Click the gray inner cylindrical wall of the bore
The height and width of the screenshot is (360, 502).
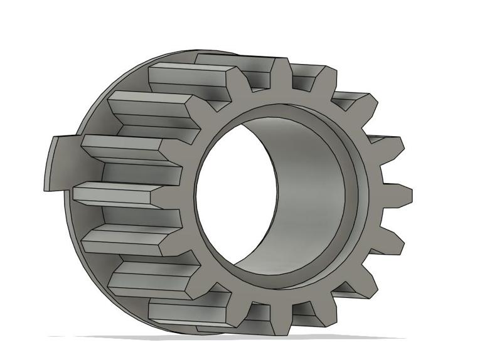tap(307, 188)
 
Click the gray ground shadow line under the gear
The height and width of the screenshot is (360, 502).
tap(251, 338)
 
